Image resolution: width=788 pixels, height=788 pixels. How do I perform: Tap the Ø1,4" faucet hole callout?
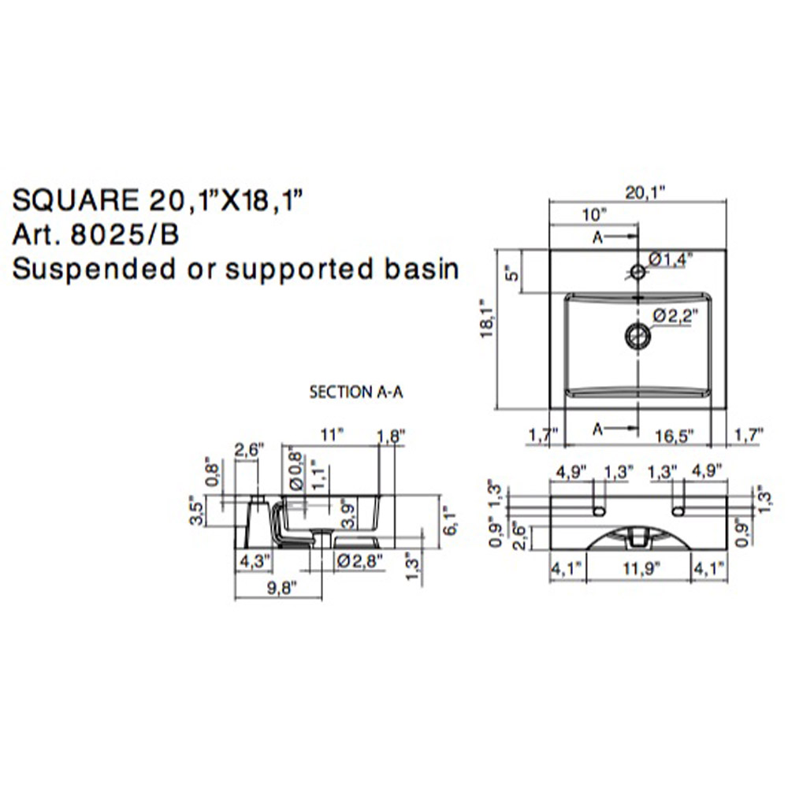670,258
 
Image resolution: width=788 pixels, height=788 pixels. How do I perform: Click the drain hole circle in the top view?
637,336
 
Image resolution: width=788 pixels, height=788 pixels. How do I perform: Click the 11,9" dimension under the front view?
639,567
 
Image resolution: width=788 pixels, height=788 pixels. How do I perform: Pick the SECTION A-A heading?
356,392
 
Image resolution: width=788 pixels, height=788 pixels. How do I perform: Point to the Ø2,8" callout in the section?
359,561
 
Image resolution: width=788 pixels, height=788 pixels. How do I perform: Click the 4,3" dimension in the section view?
254,562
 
